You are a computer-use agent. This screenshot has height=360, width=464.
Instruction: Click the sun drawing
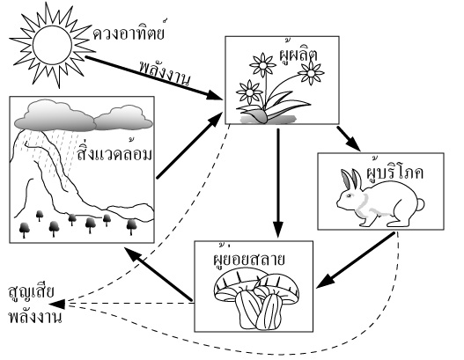52,45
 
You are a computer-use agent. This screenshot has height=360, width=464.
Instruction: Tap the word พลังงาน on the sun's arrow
165,72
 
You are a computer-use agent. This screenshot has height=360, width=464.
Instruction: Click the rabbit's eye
348,195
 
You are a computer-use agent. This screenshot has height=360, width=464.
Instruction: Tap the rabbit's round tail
420,205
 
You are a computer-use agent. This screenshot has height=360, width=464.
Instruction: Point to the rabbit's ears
351,179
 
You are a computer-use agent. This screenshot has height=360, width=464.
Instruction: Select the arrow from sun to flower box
154,77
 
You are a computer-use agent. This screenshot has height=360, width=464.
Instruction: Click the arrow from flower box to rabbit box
349,139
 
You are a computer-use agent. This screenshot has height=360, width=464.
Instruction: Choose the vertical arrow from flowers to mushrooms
278,183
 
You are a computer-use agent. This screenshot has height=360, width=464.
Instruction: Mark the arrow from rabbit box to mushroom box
356,261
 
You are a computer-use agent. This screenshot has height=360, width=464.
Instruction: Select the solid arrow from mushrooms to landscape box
158,275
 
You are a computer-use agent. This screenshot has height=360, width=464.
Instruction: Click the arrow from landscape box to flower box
189,145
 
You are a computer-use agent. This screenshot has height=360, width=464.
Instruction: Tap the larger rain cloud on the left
55,116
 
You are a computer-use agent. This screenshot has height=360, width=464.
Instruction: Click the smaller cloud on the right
123,119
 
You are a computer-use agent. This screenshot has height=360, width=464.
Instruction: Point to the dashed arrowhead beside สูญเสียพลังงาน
57,304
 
